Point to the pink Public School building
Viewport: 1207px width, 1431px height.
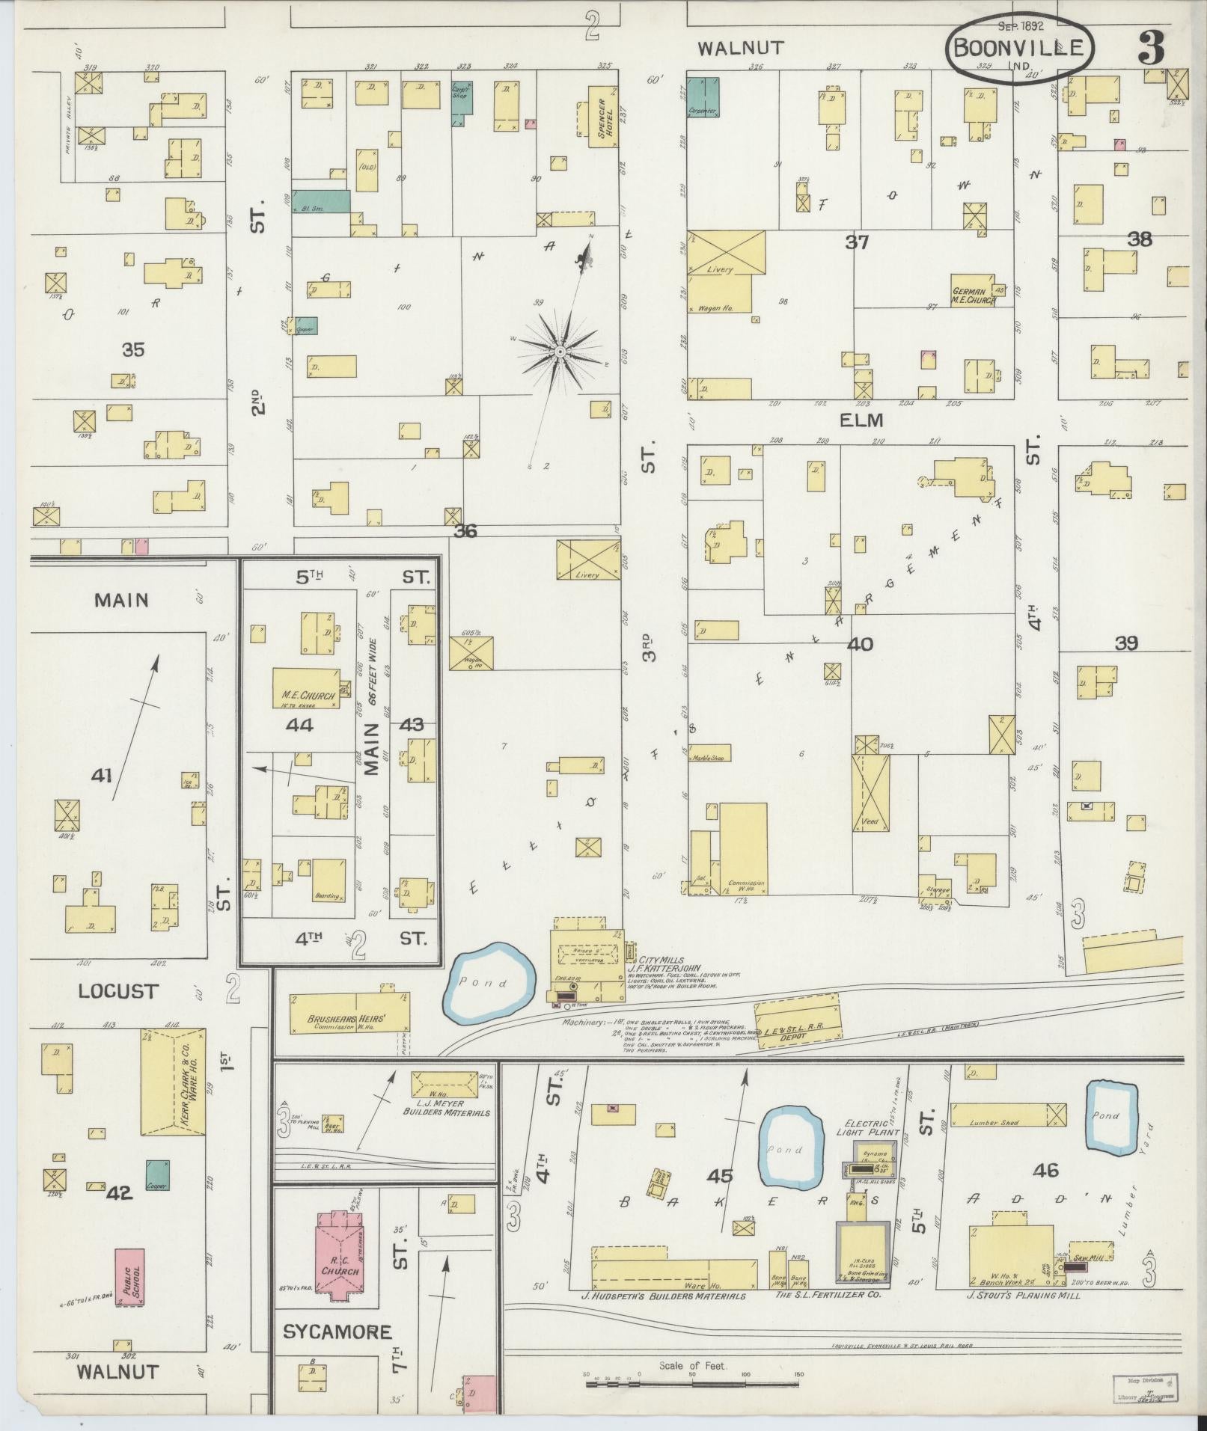(130, 1277)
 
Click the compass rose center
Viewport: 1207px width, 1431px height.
(560, 352)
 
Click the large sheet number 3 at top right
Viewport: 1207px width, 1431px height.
(1151, 50)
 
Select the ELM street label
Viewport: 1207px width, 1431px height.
(861, 420)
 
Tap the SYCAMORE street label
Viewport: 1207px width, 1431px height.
(337, 1332)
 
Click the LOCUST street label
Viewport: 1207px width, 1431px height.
(118, 991)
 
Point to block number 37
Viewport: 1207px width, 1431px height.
(857, 242)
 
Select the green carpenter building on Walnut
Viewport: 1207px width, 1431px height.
(704, 97)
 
